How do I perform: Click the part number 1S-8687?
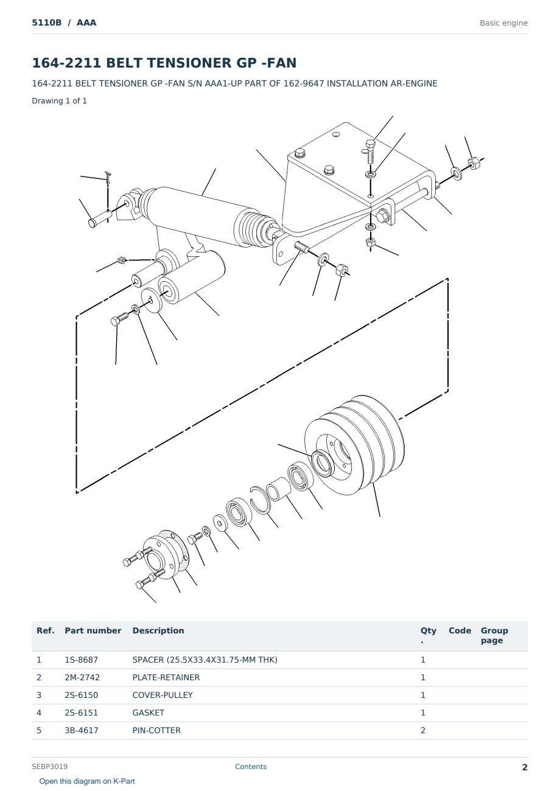(82, 660)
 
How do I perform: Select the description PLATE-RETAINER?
(166, 677)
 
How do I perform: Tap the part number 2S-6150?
(82, 695)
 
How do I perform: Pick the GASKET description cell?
(149, 713)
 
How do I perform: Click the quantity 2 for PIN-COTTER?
(423, 730)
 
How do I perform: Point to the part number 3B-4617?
(82, 730)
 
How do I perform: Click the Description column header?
(158, 631)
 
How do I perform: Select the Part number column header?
(93, 631)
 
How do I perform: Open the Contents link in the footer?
(251, 767)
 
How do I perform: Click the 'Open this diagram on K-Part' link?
(87, 781)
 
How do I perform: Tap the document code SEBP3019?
(50, 767)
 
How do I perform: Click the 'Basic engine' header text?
(503, 23)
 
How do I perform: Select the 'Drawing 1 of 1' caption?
(60, 101)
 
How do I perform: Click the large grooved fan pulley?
(355, 445)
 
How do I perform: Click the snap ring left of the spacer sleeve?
(261, 500)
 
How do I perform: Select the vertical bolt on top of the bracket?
(370, 152)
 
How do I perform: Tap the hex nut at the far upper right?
(474, 163)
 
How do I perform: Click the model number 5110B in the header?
(47, 23)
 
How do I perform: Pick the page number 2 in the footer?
(525, 767)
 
